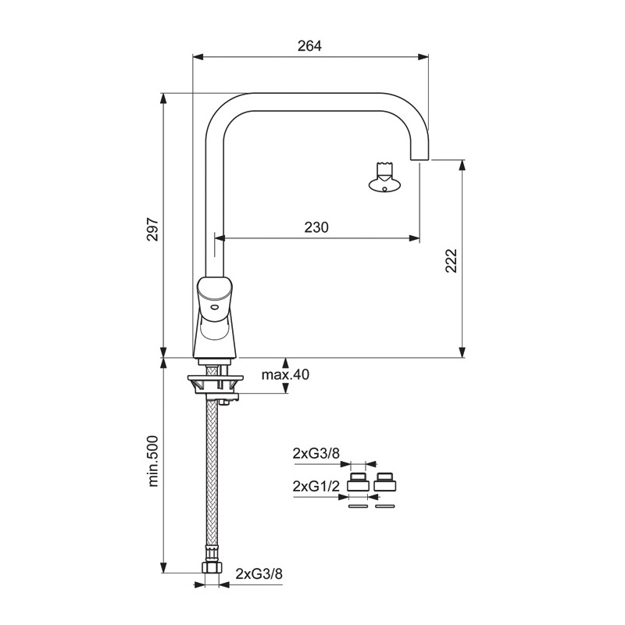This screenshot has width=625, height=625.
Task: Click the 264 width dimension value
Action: (309, 46)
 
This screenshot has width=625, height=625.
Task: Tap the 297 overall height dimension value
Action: (152, 229)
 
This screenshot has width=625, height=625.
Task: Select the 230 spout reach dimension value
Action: (316, 227)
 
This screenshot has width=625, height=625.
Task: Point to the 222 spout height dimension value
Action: (451, 261)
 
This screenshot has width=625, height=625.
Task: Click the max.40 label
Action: (285, 375)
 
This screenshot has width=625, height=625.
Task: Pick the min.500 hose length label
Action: (153, 461)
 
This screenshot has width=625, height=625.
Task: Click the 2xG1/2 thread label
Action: (316, 486)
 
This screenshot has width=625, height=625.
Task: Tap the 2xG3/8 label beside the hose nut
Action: (259, 573)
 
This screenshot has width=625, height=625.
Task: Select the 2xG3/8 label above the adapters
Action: (316, 453)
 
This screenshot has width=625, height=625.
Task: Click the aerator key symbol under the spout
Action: (384, 177)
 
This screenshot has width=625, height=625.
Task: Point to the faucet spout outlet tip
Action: (420, 159)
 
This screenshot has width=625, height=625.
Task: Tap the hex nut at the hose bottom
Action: (211, 567)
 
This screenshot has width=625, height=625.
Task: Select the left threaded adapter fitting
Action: (359, 482)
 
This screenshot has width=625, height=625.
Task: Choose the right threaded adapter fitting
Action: (385, 482)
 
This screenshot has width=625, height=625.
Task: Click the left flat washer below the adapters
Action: (359, 506)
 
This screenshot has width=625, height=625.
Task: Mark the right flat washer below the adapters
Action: (385, 506)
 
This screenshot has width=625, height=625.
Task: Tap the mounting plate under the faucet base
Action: (216, 377)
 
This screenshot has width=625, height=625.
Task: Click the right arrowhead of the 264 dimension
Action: (423, 57)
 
